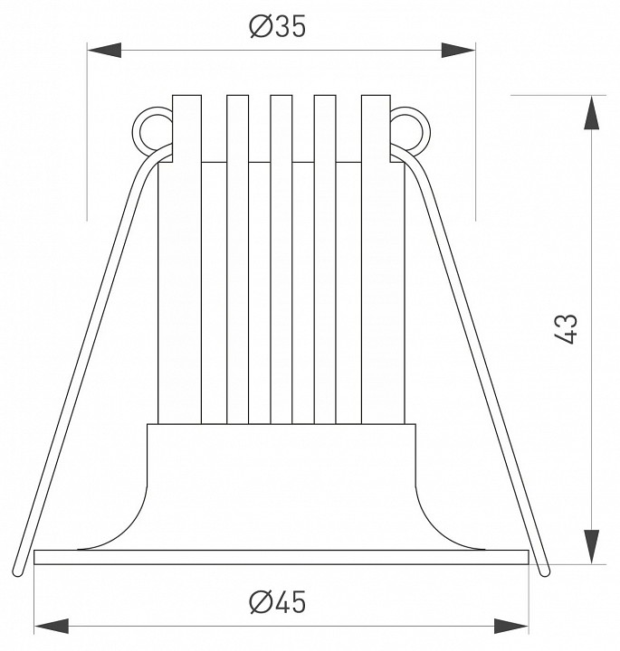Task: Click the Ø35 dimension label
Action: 278,26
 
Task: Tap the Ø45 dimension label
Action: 278,602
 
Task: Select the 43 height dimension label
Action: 566,329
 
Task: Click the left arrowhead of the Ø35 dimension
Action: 104,51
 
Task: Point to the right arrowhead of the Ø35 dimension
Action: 458,51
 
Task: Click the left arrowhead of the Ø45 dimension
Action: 51,626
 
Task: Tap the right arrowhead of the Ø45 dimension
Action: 511,626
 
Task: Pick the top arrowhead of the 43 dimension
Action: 592,112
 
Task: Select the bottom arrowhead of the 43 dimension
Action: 592,547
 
